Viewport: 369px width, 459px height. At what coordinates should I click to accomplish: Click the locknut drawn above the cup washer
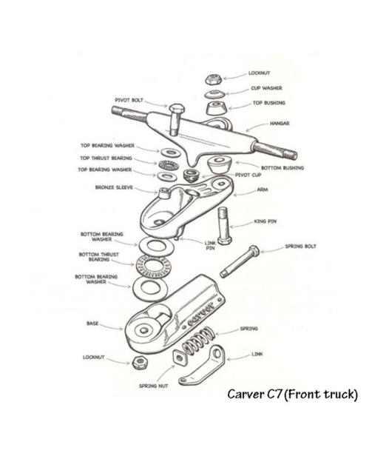click(213, 79)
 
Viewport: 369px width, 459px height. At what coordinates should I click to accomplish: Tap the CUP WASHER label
click(266, 88)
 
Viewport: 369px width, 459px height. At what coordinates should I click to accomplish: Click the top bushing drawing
click(217, 109)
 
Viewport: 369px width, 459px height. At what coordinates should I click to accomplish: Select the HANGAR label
click(280, 123)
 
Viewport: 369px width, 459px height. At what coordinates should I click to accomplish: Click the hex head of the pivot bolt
click(177, 109)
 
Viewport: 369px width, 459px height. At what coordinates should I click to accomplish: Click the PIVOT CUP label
click(248, 175)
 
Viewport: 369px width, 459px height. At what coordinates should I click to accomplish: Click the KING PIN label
click(265, 221)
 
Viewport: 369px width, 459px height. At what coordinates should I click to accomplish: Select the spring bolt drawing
click(240, 261)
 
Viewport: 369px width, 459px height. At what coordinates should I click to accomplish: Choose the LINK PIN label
click(210, 245)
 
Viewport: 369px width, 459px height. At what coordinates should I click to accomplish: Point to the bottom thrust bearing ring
click(152, 266)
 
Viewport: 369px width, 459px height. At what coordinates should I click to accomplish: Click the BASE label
click(92, 324)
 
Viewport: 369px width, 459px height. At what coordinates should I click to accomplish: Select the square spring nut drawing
click(179, 358)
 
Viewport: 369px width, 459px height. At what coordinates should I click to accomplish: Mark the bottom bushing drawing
click(220, 164)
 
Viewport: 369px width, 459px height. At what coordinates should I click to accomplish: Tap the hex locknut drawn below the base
click(140, 363)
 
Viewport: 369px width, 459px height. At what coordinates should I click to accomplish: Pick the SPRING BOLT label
click(300, 247)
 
